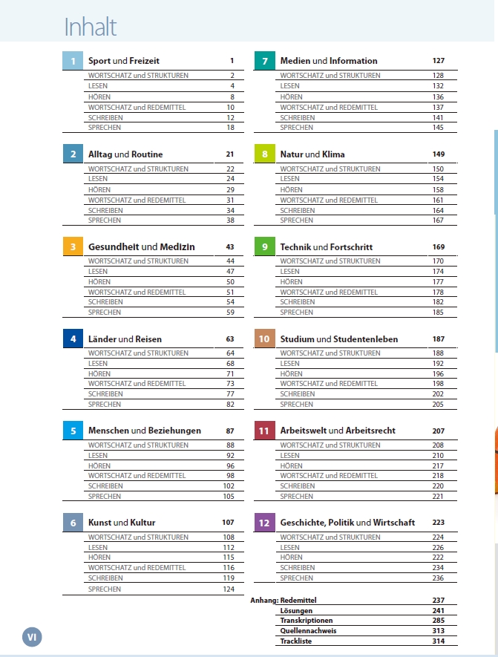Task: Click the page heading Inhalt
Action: tap(91, 27)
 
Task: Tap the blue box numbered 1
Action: tap(73, 61)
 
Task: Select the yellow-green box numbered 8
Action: tap(265, 154)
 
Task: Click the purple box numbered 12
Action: tap(265, 523)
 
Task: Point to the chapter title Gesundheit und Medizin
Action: tap(141, 246)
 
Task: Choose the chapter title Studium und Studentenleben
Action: tap(338, 339)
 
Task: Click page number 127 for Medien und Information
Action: tap(438, 61)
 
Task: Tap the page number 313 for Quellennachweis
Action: tap(438, 630)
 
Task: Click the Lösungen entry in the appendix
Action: tap(296, 610)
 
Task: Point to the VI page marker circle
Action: tap(32, 636)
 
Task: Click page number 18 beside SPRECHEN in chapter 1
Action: tap(231, 128)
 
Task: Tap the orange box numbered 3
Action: tap(73, 246)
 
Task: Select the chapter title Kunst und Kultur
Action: tap(122, 523)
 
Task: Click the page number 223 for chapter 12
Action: tap(438, 523)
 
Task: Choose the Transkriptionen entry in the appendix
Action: tap(307, 621)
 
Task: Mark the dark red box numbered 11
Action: tap(265, 431)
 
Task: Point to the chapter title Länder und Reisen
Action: tap(125, 339)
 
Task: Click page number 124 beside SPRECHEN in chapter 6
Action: tap(229, 589)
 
